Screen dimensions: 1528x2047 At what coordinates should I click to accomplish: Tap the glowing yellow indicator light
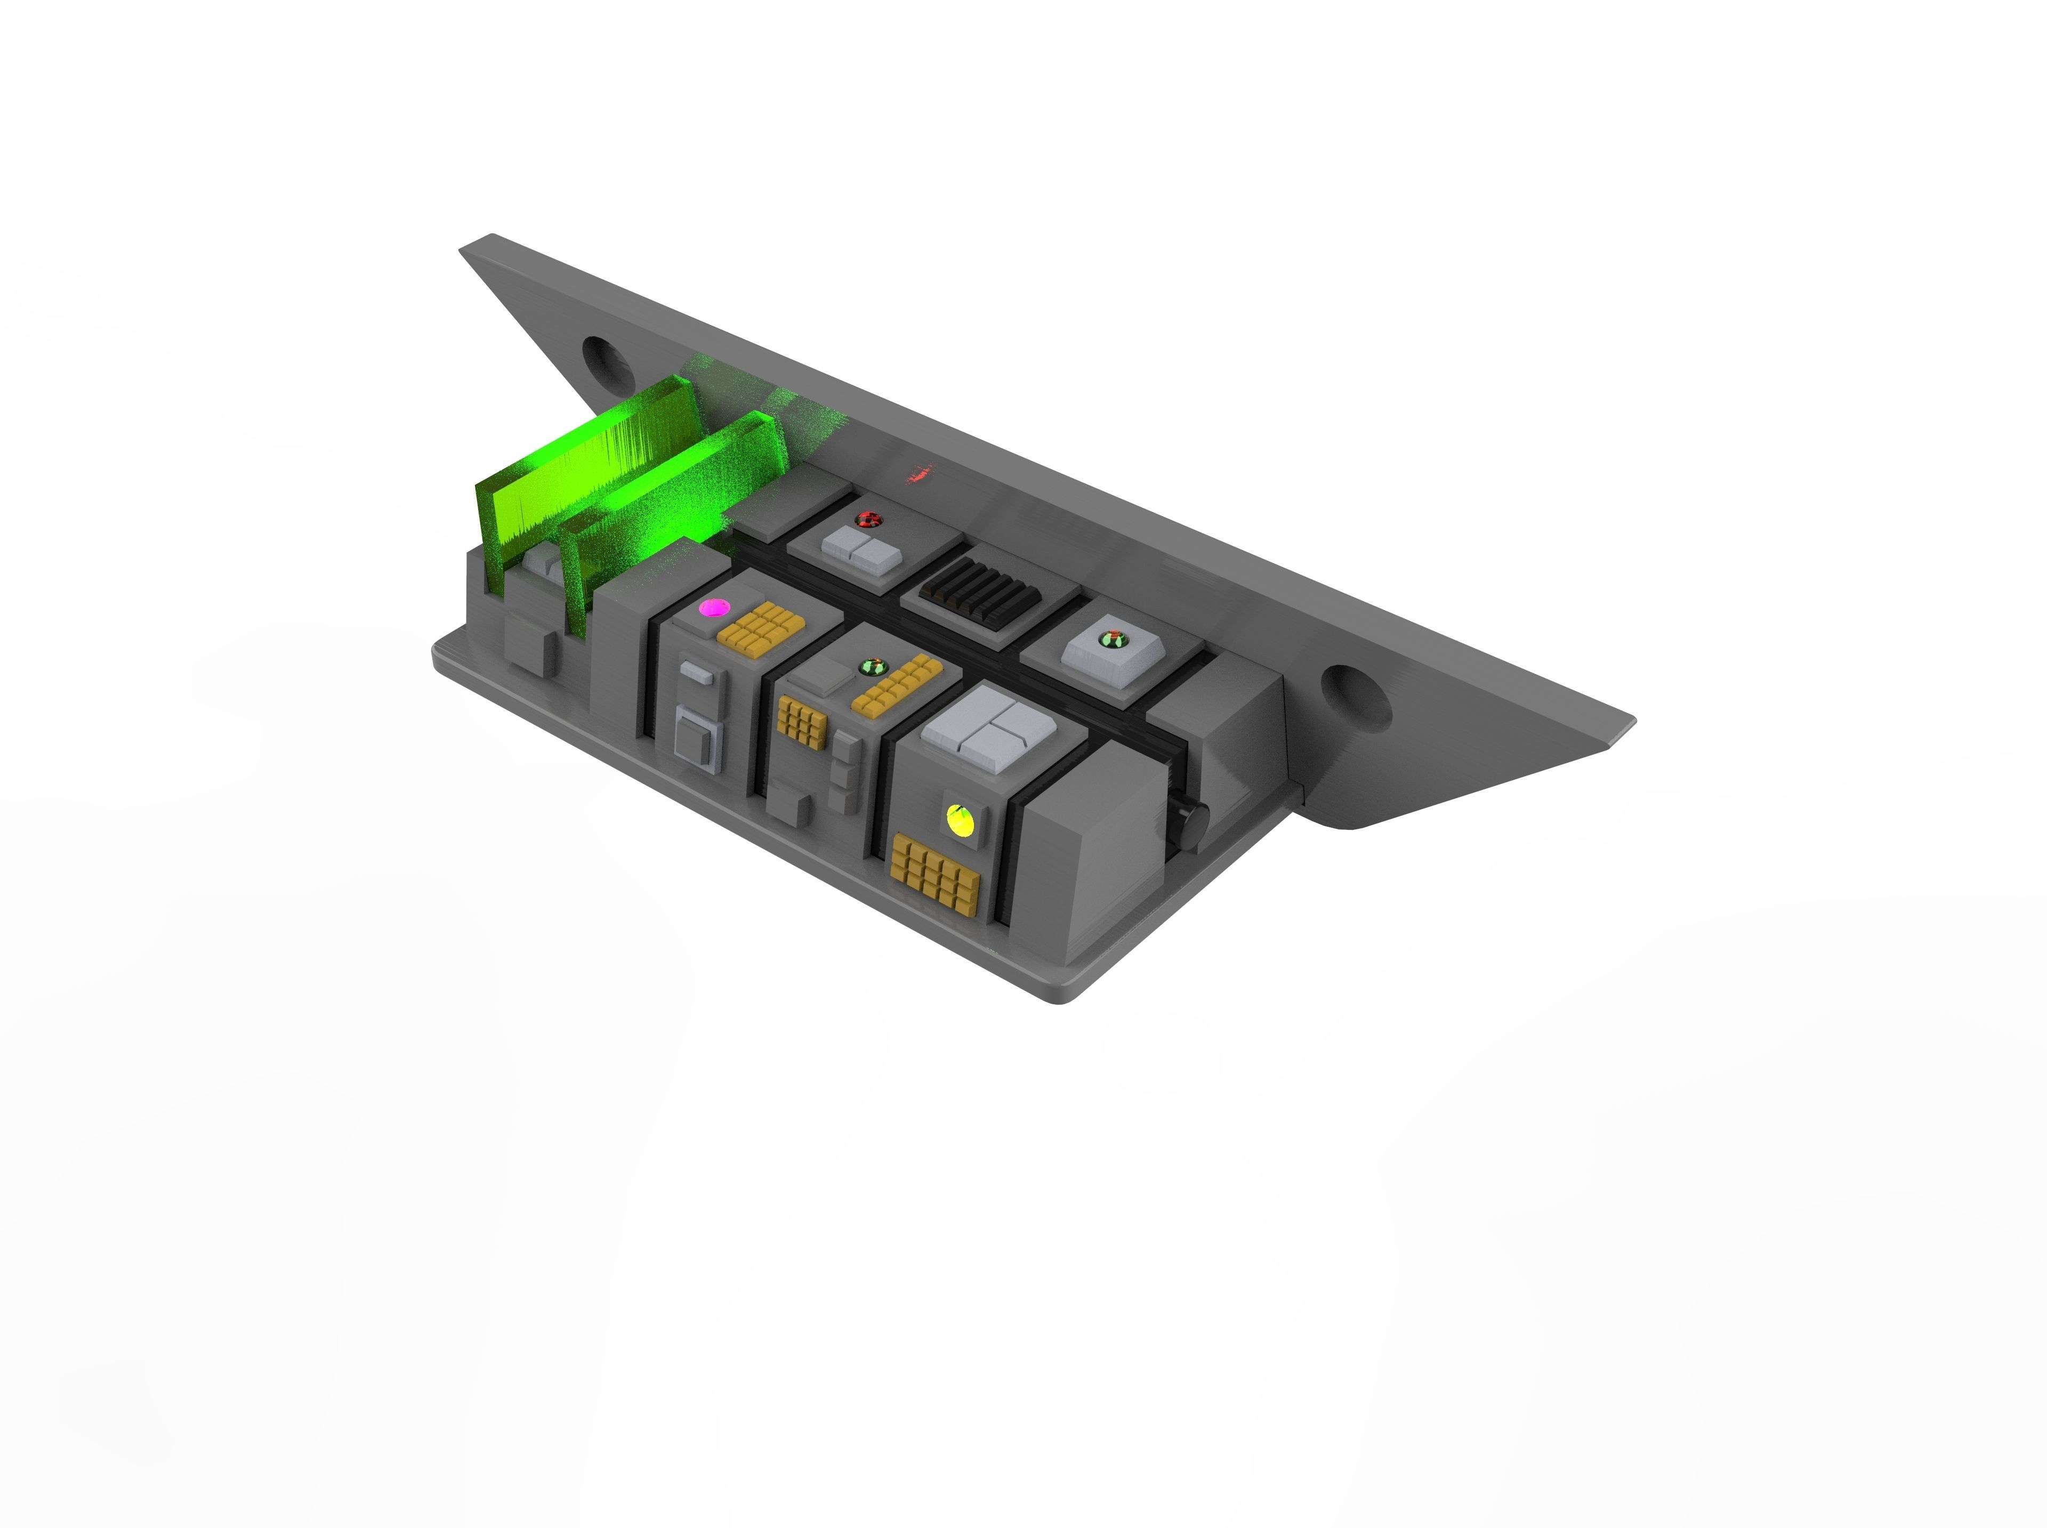tap(960, 820)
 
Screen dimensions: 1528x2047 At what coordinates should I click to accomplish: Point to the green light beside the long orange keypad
tap(871, 666)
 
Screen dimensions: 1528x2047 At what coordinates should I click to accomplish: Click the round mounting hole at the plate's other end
tap(1356, 694)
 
